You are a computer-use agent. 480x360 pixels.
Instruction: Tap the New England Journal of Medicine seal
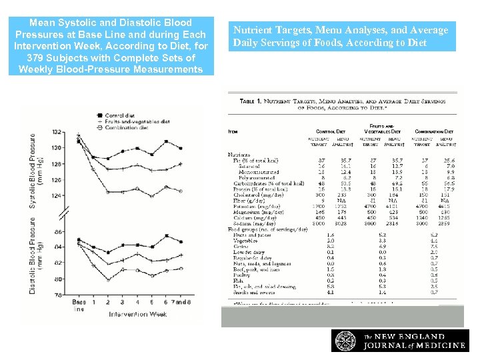click(346, 340)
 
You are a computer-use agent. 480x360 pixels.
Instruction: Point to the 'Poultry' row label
click(241, 274)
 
